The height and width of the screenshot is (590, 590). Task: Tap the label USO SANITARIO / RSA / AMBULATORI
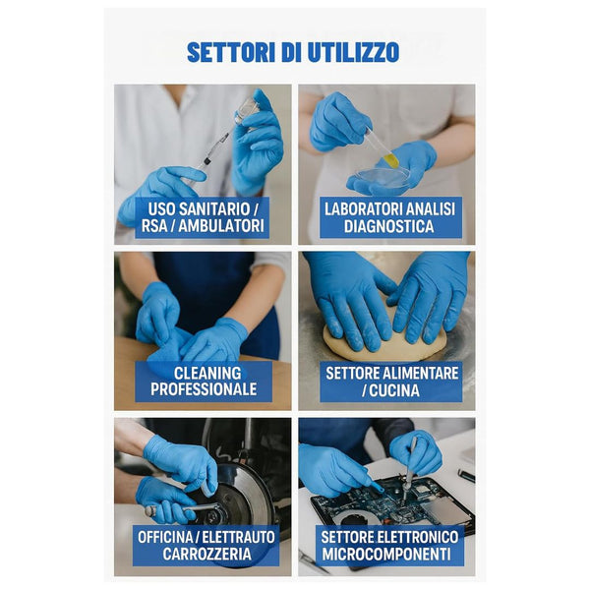click(x=206, y=217)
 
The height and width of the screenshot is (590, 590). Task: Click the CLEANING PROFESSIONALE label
click(x=204, y=382)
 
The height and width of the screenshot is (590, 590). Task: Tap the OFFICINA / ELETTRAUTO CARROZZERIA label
click(x=206, y=546)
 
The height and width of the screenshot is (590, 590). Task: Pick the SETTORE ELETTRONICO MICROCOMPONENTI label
click(x=389, y=546)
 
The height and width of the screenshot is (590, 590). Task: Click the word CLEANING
click(x=204, y=373)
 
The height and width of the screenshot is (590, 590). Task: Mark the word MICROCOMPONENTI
click(x=389, y=555)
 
